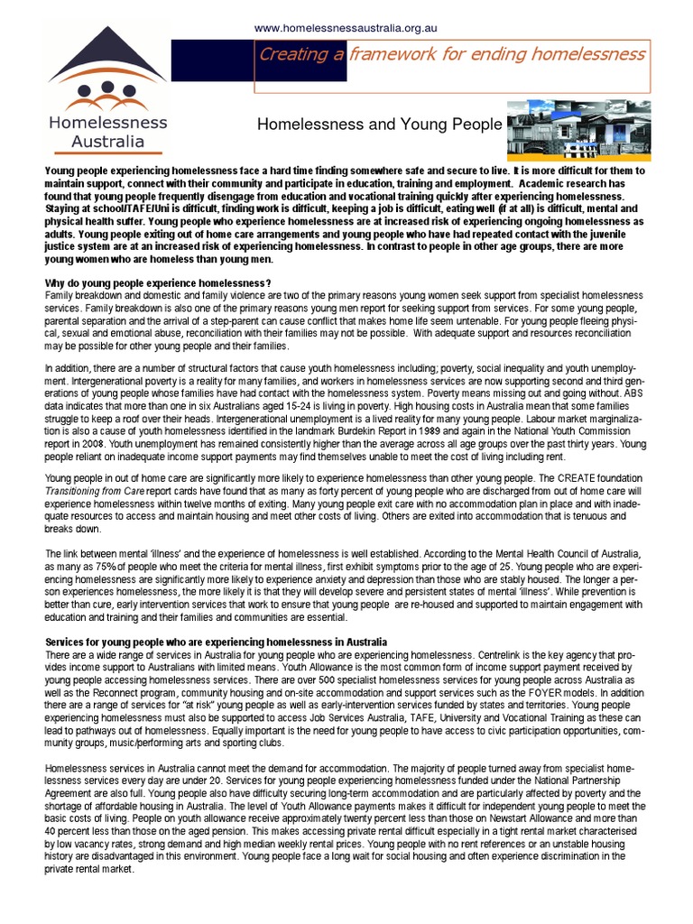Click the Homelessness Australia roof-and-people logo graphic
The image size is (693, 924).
click(x=107, y=71)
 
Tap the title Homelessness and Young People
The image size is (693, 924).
click(x=379, y=124)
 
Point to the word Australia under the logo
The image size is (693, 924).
click(x=108, y=141)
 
